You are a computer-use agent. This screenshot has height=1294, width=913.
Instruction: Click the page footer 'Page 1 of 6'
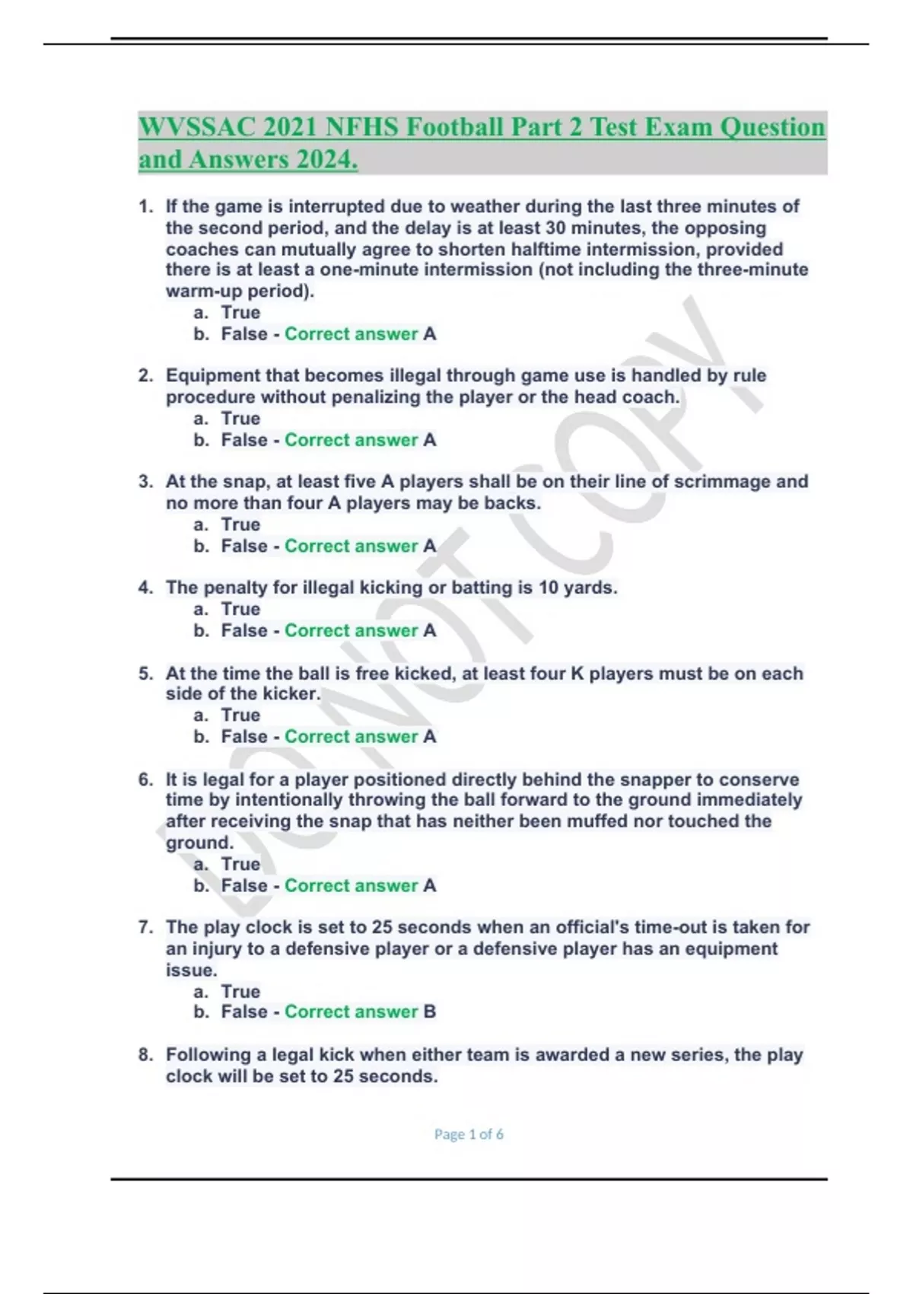(x=469, y=1134)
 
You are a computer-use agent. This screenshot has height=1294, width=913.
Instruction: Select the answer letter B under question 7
(x=430, y=1012)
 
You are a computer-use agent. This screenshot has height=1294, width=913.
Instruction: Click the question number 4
(x=145, y=588)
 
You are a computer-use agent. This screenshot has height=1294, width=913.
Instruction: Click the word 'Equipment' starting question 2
(x=210, y=375)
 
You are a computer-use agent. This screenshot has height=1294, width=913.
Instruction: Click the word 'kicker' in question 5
(x=288, y=693)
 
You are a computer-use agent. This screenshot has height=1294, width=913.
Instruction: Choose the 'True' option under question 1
(x=240, y=313)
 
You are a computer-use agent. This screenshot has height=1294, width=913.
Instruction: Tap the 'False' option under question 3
(x=243, y=546)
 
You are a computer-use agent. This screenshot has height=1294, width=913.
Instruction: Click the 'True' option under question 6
(x=240, y=864)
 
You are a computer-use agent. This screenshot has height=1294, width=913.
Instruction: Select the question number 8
(x=145, y=1055)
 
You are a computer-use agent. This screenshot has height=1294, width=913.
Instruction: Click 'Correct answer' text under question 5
(x=351, y=736)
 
